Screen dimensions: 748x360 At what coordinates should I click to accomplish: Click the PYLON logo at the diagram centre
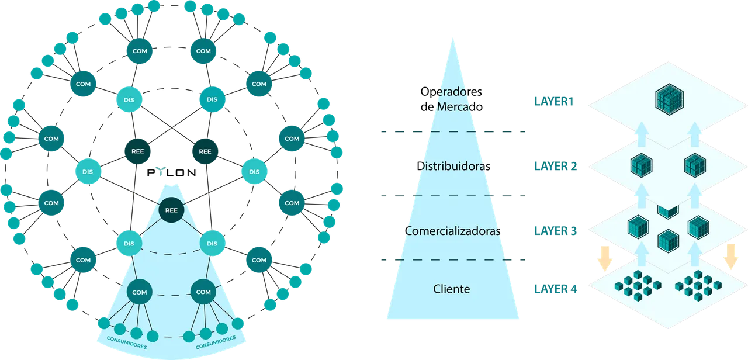[171, 172]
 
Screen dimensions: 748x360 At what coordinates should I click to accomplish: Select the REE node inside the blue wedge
[171, 210]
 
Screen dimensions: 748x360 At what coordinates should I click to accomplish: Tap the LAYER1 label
[553, 102]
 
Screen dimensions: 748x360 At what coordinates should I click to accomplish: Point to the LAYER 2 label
[555, 166]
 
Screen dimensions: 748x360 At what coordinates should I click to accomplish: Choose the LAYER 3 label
[555, 231]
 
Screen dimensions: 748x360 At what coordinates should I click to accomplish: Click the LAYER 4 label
[555, 289]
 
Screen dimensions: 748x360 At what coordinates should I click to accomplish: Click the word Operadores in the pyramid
[451, 92]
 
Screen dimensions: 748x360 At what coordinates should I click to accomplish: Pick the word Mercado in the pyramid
[460, 107]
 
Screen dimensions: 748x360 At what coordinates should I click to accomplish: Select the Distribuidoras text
[453, 166]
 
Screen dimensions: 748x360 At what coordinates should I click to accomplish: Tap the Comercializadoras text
[452, 231]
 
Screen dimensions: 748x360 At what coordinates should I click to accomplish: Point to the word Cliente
[452, 289]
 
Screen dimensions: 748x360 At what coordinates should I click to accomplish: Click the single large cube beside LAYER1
[669, 99]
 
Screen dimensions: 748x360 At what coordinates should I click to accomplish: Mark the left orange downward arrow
[605, 258]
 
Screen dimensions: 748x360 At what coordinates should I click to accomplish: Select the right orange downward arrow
[730, 257]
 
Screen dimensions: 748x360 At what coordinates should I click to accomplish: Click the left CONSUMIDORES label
[127, 342]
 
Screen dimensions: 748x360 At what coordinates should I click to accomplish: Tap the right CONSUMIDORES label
[216, 342]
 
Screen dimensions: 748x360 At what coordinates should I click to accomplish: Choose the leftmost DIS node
[88, 172]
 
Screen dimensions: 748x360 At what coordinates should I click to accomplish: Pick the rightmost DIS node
[254, 172]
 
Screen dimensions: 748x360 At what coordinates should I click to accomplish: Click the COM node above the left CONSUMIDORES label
[140, 292]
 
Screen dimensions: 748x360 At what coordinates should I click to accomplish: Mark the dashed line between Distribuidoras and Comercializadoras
[453, 196]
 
